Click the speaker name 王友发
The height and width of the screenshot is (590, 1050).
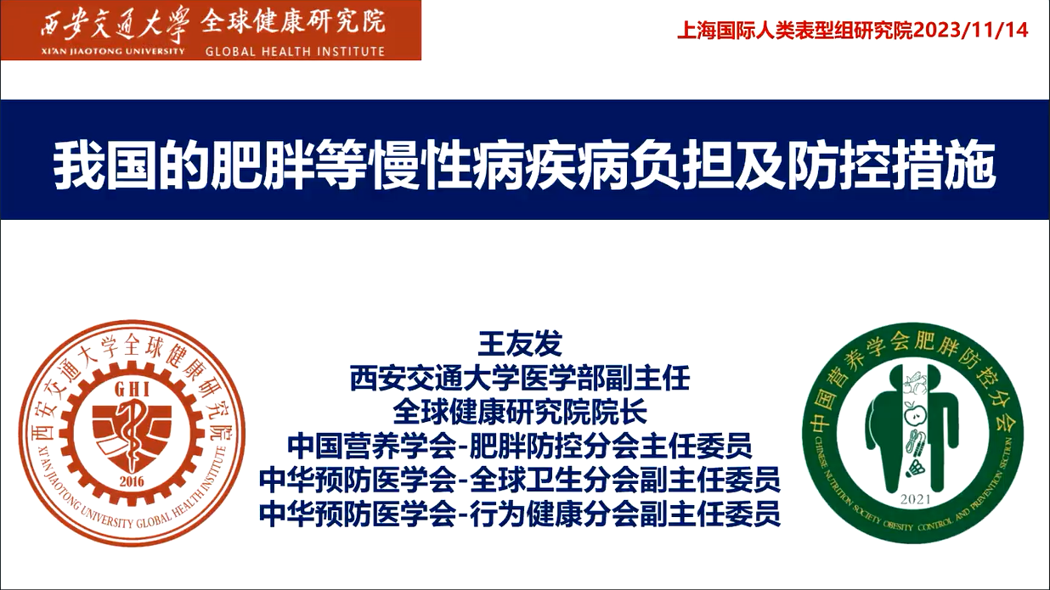click(520, 345)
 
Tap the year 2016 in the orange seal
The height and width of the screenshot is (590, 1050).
click(132, 481)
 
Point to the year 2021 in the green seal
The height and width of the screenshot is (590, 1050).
click(915, 500)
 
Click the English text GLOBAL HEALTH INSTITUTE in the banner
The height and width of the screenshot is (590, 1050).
click(295, 51)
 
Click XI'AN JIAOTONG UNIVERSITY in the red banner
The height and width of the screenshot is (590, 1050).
click(111, 51)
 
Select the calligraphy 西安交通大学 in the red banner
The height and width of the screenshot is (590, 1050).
click(115, 25)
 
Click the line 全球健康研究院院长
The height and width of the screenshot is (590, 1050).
click(520, 412)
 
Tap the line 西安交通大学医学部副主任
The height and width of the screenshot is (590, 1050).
click(520, 379)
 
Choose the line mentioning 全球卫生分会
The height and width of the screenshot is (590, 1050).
click(520, 480)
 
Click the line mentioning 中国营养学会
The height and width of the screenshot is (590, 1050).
click(520, 446)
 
